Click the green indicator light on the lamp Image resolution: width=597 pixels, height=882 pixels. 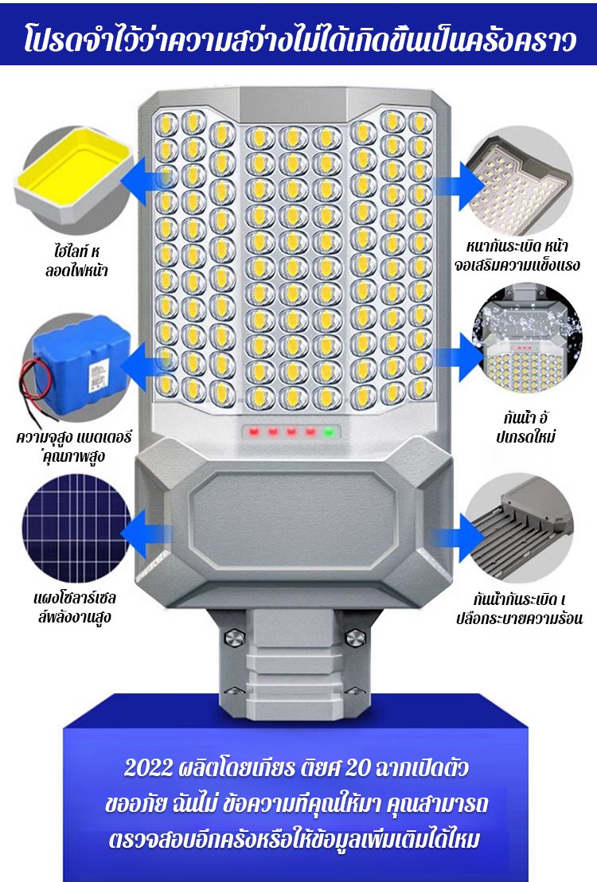point(329,432)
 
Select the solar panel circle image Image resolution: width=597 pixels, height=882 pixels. point(76,529)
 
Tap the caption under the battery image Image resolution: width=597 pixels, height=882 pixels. point(74,446)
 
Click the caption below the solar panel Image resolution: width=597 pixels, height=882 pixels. point(75,607)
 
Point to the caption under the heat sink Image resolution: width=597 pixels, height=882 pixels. point(519,608)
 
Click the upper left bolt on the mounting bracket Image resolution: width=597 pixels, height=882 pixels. point(234,638)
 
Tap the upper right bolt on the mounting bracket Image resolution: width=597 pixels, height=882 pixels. point(354,638)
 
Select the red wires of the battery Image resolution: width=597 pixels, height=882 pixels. point(35,383)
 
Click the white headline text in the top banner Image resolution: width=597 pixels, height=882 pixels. point(298,40)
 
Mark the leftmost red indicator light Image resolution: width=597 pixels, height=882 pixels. point(254,432)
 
